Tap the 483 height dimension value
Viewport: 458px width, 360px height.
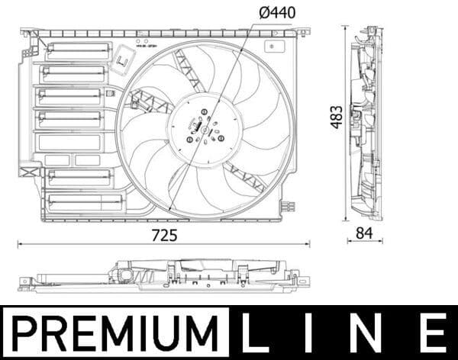coord(336,117)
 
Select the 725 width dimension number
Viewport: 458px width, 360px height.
coord(164,236)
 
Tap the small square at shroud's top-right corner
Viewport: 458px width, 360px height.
coord(272,46)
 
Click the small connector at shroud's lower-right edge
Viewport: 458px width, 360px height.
coord(287,205)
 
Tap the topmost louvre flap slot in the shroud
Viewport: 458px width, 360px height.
coord(78,52)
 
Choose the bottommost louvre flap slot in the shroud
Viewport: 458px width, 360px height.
coord(84,202)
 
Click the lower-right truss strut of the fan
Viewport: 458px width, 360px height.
coord(243,176)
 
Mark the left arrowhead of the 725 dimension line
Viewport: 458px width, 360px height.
coord(20,245)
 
